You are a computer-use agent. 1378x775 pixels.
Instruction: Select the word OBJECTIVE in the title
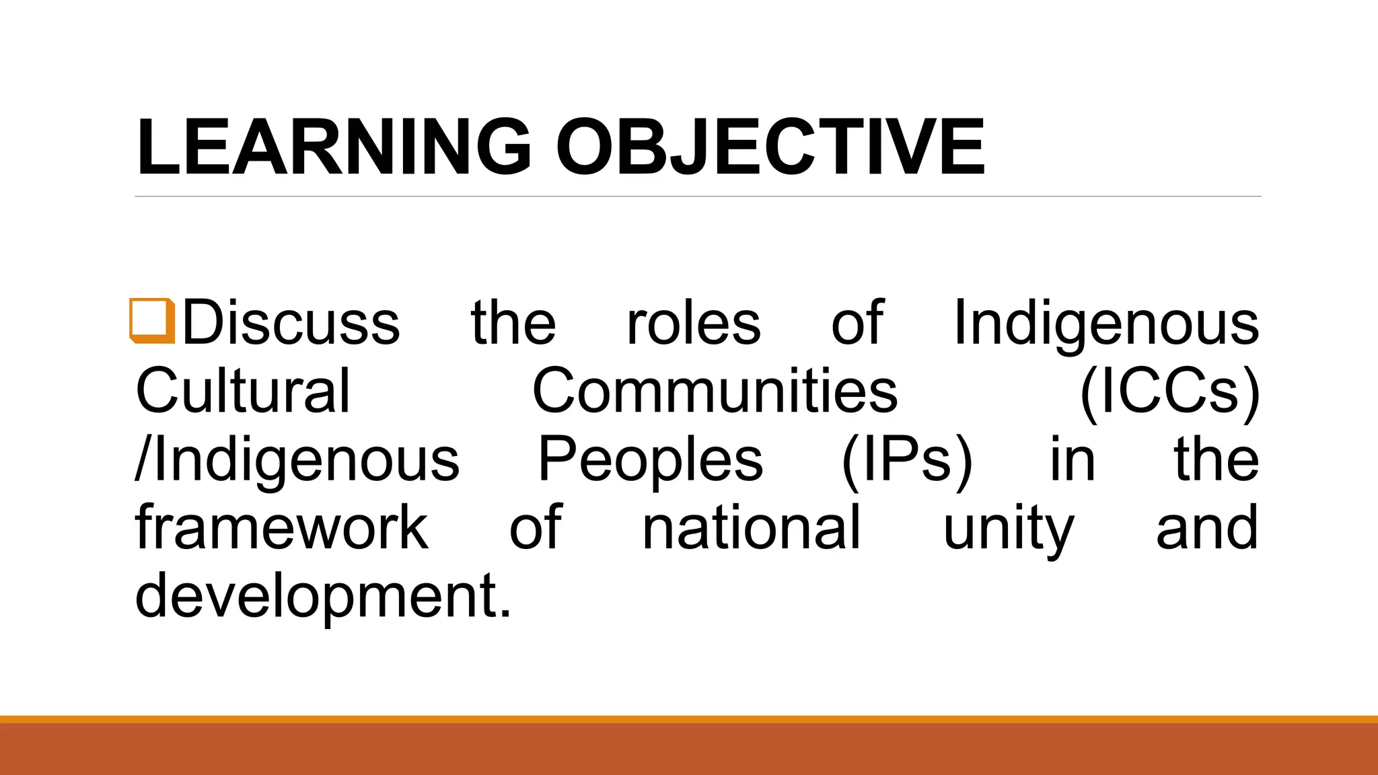[x=770, y=147]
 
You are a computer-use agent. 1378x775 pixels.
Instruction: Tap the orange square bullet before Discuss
[x=152, y=321]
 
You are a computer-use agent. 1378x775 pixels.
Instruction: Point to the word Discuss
[x=291, y=323]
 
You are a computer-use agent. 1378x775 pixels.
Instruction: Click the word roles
[x=694, y=323]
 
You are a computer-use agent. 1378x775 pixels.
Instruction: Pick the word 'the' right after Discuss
[x=513, y=323]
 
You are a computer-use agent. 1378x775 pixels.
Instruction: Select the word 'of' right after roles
[x=857, y=323]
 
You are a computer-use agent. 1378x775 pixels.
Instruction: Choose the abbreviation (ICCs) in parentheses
[x=1169, y=392]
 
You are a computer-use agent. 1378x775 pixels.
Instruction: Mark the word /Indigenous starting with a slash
[x=297, y=461]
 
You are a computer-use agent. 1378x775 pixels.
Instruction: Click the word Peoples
[x=650, y=461]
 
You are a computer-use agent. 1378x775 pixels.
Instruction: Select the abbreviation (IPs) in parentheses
[x=907, y=461]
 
